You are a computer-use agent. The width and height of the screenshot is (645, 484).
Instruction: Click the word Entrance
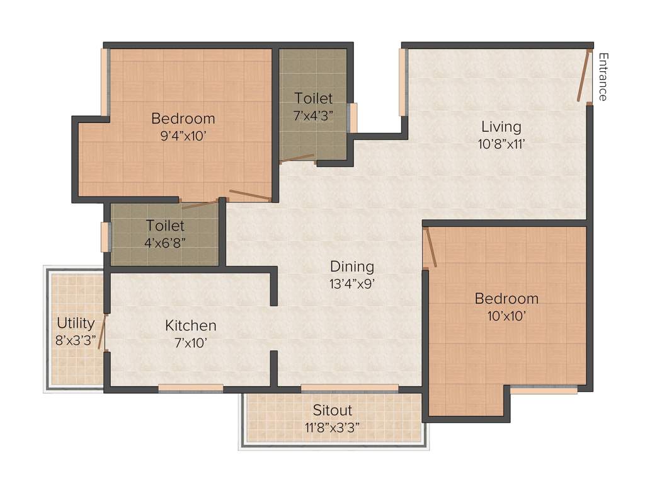point(603,77)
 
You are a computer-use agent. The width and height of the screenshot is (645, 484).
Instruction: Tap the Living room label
point(501,127)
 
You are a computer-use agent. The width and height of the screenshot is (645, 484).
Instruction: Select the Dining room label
point(352,267)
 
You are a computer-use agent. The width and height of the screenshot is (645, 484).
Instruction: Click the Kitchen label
point(191,326)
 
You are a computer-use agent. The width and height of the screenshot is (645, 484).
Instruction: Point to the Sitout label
point(333,411)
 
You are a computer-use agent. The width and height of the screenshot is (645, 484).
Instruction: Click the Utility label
point(76,323)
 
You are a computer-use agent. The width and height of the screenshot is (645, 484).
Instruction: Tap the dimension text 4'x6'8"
point(166,241)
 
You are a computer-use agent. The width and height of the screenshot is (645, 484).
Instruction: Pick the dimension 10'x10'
point(506,315)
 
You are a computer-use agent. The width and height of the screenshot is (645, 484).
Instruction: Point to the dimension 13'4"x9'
point(352,283)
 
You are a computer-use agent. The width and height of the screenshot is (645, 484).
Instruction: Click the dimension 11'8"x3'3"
point(333,427)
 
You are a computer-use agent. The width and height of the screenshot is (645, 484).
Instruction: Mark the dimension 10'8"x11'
point(501,143)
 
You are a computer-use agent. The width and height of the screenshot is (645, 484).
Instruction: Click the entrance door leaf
point(584,76)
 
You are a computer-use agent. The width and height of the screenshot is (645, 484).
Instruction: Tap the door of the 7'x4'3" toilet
point(297,158)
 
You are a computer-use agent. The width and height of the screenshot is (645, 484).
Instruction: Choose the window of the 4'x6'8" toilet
point(105,237)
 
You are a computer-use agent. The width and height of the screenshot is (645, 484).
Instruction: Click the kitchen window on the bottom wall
point(190,388)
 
